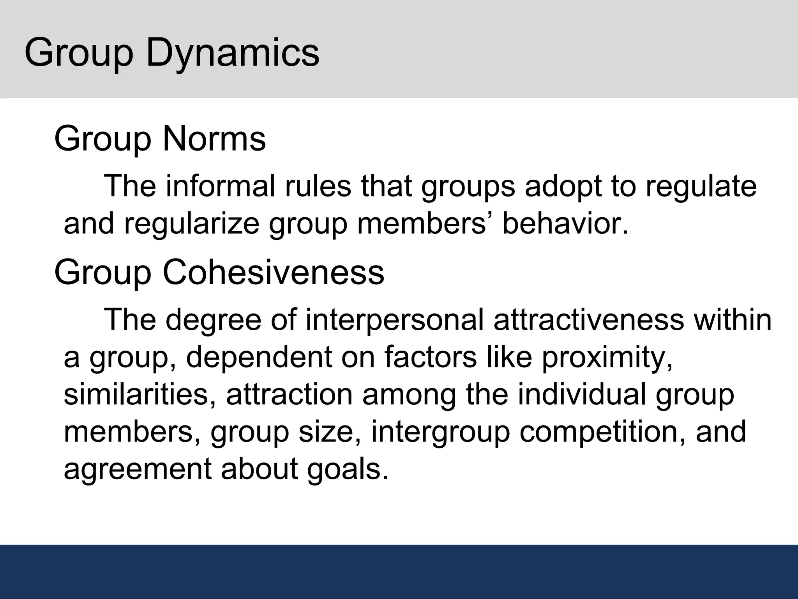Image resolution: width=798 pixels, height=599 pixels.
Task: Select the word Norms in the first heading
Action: click(214, 139)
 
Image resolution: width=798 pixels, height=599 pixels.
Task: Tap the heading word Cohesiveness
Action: click(273, 272)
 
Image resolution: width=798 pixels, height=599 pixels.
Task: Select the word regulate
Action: click(701, 186)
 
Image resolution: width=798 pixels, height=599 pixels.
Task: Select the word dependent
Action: click(259, 357)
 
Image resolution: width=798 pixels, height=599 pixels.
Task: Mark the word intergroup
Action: click(440, 432)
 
